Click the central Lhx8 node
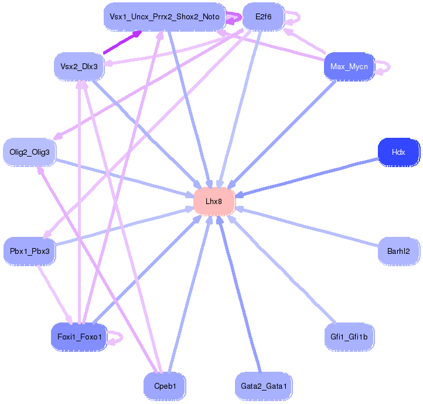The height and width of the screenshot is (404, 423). (x=214, y=201)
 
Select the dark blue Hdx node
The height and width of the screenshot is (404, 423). (x=398, y=152)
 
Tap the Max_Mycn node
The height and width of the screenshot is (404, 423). (x=349, y=66)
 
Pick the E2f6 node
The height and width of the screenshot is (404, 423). (x=263, y=17)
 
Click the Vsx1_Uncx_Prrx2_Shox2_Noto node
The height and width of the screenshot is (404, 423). (x=164, y=17)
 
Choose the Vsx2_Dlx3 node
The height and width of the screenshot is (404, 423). (x=79, y=66)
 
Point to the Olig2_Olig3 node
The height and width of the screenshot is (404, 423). (x=29, y=152)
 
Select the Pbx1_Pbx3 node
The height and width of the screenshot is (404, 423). (x=29, y=251)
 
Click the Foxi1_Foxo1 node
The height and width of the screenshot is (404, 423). (x=79, y=337)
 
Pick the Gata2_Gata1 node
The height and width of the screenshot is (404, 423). (x=263, y=386)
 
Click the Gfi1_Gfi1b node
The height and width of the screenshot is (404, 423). (x=349, y=337)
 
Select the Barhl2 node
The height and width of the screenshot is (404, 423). (x=398, y=251)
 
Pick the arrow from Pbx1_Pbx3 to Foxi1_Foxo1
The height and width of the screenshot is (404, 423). (x=54, y=293)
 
